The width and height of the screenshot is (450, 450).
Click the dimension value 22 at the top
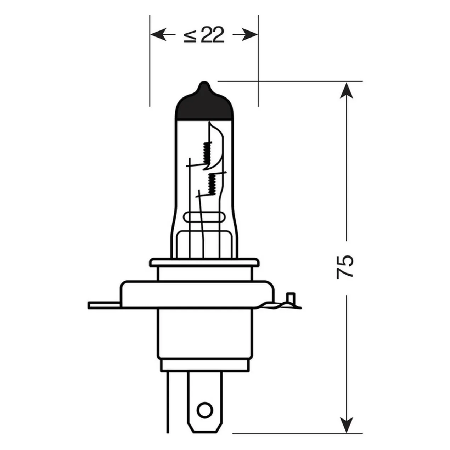click(x=212, y=35)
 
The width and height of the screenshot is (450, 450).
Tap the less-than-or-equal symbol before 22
click(x=190, y=35)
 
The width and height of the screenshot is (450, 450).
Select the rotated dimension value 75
click(x=345, y=266)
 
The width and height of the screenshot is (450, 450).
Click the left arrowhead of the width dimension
click(x=158, y=35)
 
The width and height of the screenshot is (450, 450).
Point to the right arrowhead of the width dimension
click(x=249, y=35)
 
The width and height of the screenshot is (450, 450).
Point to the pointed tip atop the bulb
click(x=204, y=83)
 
